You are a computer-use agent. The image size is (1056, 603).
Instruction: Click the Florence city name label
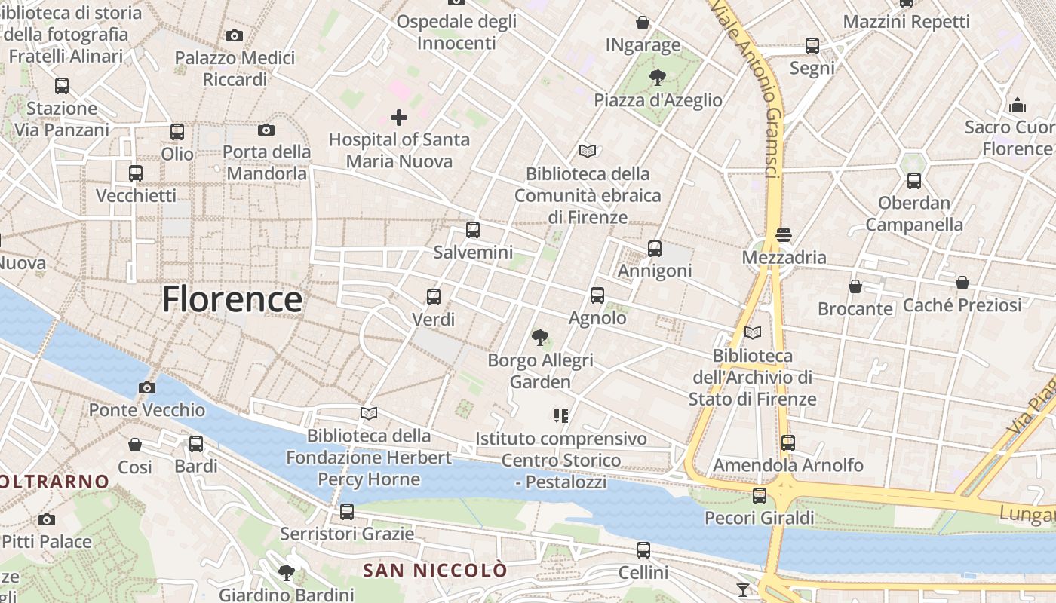point(232,299)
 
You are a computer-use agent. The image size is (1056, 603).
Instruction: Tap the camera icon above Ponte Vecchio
point(147,388)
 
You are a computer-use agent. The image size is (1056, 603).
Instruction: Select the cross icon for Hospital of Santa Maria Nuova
point(399,118)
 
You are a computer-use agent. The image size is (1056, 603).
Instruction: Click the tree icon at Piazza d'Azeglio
point(658,77)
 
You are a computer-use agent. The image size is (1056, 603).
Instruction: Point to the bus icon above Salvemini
point(473,230)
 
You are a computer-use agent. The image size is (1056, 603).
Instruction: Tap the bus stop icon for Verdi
point(434,297)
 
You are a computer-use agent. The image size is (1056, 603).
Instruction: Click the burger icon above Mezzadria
point(784,234)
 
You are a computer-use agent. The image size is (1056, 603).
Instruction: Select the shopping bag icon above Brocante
point(855,286)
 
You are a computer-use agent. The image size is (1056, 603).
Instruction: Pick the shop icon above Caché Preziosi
point(962,283)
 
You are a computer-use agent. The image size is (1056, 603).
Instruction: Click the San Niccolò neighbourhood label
point(434,571)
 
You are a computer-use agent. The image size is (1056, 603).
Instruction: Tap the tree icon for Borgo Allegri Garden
point(540,338)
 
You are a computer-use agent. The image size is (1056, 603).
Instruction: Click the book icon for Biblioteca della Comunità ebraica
point(588,151)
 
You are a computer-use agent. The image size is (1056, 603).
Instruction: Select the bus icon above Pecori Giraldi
point(760,495)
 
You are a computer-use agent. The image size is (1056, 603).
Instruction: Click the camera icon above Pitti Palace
point(47,519)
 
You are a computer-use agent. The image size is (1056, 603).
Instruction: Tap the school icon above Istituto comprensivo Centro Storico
point(560,415)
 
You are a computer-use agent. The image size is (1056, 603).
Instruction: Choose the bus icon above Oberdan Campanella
point(914,181)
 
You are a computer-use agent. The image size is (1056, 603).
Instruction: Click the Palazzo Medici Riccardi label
point(235,69)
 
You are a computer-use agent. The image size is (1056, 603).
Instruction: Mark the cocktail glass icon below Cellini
point(743,589)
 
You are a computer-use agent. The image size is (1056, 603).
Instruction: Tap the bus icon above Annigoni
point(655,249)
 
